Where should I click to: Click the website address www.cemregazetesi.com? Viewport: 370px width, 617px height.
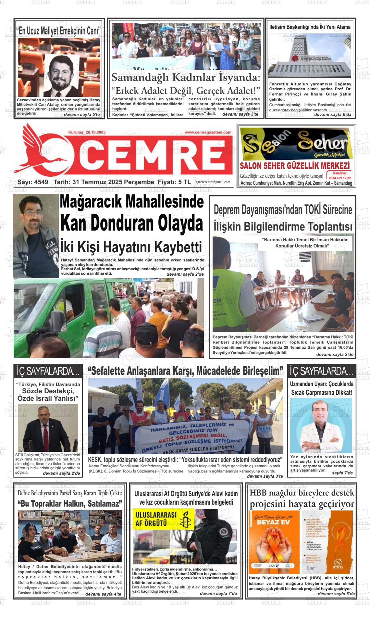pos(208,132)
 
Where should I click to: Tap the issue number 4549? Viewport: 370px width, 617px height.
pos(41,182)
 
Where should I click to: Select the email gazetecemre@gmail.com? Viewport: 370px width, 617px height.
pos(213,182)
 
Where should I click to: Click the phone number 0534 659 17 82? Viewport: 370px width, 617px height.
pos(340,178)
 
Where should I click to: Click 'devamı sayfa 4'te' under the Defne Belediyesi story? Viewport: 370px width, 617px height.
pos(103,594)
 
